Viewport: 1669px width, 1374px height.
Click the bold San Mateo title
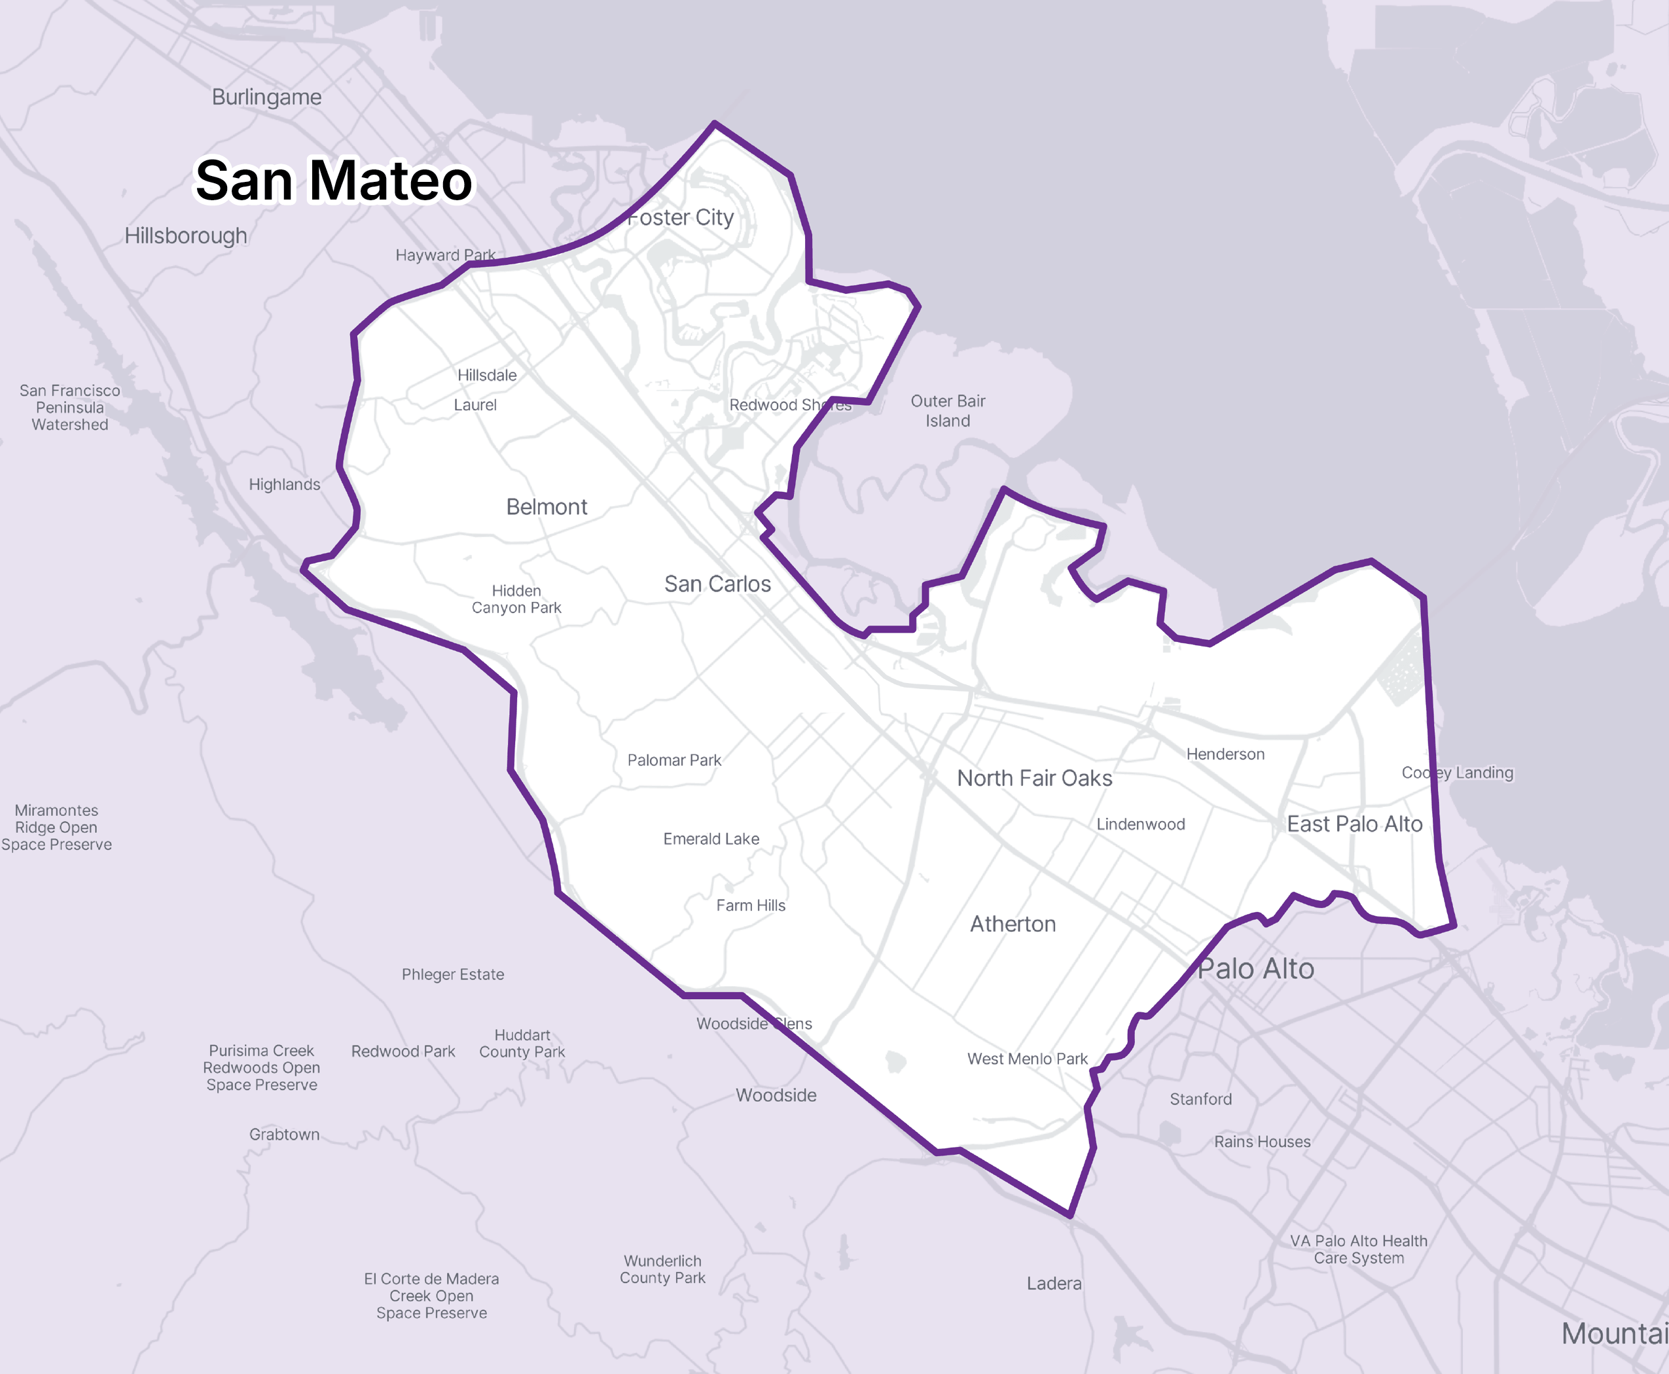pyautogui.click(x=333, y=181)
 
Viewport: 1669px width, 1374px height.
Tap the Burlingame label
pyautogui.click(x=267, y=97)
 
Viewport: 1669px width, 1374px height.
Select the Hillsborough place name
pyautogui.click(x=186, y=236)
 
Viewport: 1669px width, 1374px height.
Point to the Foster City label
pyautogui.click(x=681, y=218)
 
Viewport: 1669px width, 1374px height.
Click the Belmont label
pyautogui.click(x=547, y=507)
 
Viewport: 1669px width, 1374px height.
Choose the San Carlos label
pyautogui.click(x=717, y=584)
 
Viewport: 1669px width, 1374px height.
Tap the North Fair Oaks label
pyautogui.click(x=1034, y=779)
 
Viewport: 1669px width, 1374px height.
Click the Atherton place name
pyautogui.click(x=1013, y=925)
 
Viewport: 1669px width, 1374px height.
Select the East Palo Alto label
pyautogui.click(x=1355, y=824)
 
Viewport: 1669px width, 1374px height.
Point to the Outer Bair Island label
pyautogui.click(x=948, y=411)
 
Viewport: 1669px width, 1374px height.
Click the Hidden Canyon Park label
pyautogui.click(x=516, y=599)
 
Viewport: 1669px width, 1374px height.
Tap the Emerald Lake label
pyautogui.click(x=711, y=839)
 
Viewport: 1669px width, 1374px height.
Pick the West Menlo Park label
pyautogui.click(x=1027, y=1059)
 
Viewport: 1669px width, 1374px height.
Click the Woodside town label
pyautogui.click(x=776, y=1095)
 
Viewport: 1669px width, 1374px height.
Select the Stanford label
pyautogui.click(x=1200, y=1099)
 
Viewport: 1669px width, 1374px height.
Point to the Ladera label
pyautogui.click(x=1054, y=1284)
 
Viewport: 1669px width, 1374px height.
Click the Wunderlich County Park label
pyautogui.click(x=662, y=1269)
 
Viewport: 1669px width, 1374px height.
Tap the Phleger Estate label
pyautogui.click(x=452, y=974)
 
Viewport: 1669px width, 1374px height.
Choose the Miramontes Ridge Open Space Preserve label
pyautogui.click(x=56, y=827)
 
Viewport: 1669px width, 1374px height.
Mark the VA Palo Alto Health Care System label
pyautogui.click(x=1359, y=1250)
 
